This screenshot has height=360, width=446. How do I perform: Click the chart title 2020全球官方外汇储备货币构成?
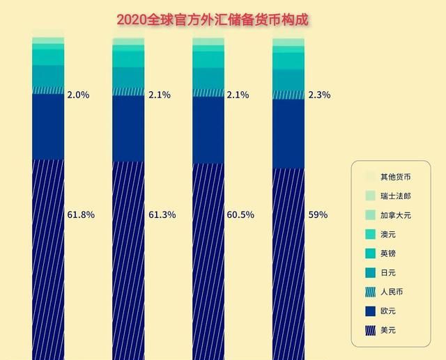pos(213,19)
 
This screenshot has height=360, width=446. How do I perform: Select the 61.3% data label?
pos(162,214)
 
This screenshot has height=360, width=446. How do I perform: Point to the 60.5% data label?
pos(241,214)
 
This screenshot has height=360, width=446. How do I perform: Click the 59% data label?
pos(318,214)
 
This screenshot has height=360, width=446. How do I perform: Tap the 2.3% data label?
pos(318,94)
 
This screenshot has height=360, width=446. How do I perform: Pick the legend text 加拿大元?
pos(396,215)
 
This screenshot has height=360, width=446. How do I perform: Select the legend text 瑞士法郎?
pos(396,196)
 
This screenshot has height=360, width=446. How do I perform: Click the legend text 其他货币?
pos(396,176)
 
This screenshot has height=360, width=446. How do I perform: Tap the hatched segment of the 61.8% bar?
pos(48,258)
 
